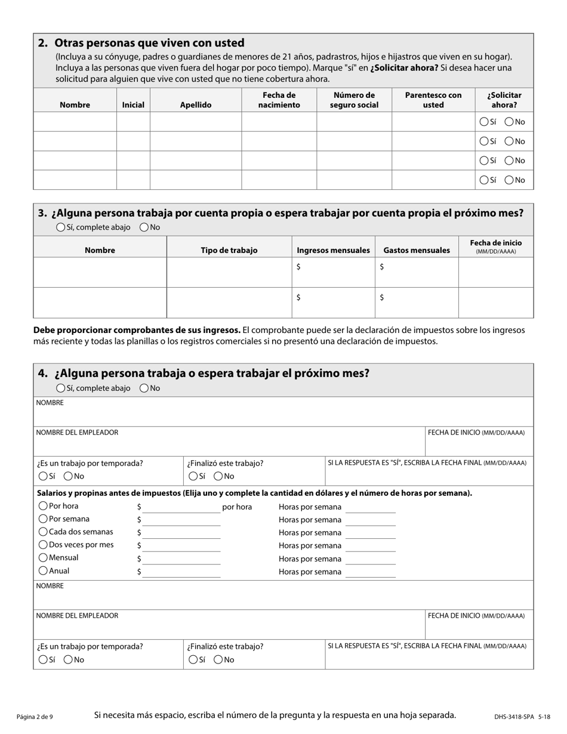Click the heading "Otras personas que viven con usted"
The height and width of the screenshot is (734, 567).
149,43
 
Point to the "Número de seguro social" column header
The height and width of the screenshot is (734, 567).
354,100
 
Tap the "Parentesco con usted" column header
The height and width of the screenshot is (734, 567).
433,100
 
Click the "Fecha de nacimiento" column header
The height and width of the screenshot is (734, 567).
279,100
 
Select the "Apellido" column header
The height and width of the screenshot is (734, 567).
196,105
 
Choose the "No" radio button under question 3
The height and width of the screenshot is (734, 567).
144,227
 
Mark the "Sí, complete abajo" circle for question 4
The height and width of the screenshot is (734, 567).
61,388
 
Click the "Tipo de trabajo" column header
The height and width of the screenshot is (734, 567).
229,251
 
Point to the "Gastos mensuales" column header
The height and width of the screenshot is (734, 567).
417,251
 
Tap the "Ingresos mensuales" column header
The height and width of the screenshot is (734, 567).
333,251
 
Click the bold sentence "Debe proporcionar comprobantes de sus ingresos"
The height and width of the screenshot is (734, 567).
137,330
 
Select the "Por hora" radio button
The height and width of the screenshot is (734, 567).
43,506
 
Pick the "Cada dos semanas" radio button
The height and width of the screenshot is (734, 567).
43,532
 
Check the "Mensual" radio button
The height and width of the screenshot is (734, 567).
43,558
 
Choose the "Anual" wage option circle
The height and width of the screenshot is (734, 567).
43,571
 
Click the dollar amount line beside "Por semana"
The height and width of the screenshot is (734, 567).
181,521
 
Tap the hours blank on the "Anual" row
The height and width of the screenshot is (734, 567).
371,573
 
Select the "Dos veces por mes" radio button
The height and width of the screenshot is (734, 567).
43,545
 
